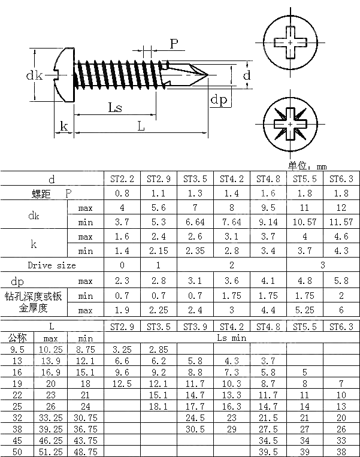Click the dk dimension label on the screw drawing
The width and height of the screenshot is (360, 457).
(x=34, y=75)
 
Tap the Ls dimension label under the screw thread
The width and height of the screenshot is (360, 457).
(x=115, y=107)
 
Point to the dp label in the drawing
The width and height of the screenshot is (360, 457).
(x=219, y=100)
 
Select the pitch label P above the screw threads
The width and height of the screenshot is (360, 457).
(x=174, y=43)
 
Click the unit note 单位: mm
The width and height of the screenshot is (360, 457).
(x=307, y=166)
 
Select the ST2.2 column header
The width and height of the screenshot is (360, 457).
(x=122, y=178)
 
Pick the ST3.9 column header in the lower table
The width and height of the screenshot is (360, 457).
(x=195, y=326)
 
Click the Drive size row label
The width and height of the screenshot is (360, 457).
(x=52, y=265)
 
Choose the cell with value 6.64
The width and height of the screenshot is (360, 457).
(x=195, y=222)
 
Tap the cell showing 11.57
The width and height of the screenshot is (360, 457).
(x=341, y=222)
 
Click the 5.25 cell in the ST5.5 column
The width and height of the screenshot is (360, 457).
(x=304, y=310)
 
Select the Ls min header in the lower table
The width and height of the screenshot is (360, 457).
(x=231, y=338)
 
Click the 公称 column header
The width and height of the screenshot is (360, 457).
(x=14, y=338)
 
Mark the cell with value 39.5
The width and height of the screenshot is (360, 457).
(x=268, y=452)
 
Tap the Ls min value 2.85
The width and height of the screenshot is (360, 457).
(x=158, y=349)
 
